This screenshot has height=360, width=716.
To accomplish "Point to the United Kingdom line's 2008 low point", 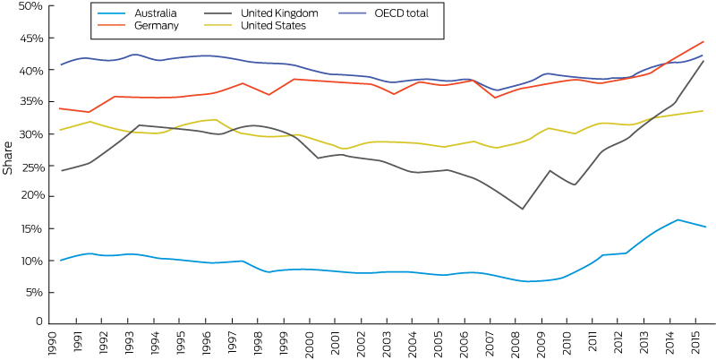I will coord(523,209).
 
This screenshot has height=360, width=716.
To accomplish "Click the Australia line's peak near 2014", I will coord(678,219).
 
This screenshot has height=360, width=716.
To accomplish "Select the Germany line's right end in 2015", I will coord(704,41).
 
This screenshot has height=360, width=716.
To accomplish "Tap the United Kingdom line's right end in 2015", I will coord(704,61).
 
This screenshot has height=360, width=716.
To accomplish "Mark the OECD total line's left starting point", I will coord(60,64).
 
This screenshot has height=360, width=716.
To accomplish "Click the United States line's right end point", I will coord(704,111).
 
